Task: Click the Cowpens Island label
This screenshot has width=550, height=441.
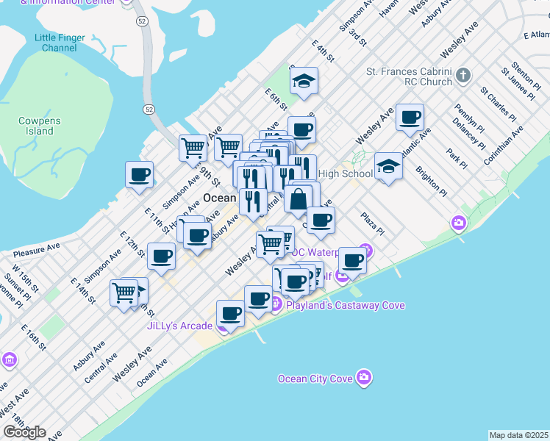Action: (x=40, y=126)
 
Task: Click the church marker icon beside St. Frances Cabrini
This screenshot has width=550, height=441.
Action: (x=463, y=74)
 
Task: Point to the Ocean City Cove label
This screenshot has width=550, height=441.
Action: (x=315, y=379)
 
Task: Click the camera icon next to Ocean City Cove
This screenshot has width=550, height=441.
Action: (x=363, y=378)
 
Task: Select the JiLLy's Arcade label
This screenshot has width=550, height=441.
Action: (x=179, y=326)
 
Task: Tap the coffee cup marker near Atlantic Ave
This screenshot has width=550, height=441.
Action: (x=410, y=117)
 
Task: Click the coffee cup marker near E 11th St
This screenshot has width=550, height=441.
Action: (x=139, y=175)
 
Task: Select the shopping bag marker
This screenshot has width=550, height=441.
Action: (x=299, y=199)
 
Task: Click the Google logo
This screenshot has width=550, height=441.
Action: (x=24, y=432)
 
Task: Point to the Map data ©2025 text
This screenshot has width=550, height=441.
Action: (x=519, y=435)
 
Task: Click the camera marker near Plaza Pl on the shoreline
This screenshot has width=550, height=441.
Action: (x=459, y=222)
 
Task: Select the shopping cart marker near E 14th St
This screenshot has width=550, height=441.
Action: (x=124, y=293)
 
